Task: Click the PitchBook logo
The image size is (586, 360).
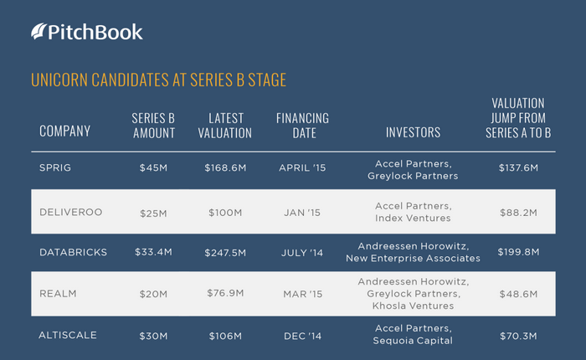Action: [x=87, y=32]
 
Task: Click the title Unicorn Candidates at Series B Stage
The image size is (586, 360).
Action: [x=158, y=80]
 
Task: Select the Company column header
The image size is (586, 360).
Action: [x=65, y=131]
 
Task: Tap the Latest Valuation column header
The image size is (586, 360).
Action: [x=225, y=126]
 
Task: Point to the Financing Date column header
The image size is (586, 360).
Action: [x=303, y=126]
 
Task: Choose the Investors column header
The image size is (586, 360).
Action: [x=413, y=132]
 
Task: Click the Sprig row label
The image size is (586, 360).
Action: [x=55, y=167]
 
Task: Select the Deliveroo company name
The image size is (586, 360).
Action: [x=70, y=213]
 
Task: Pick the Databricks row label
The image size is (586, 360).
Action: [x=74, y=252]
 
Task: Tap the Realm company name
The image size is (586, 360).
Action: [x=58, y=294]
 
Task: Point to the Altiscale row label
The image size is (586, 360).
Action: [x=68, y=335]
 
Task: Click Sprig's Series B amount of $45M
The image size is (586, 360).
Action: [x=153, y=167]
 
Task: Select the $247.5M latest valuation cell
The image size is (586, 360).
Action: [x=225, y=253]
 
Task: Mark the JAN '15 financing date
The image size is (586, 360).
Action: [x=302, y=213]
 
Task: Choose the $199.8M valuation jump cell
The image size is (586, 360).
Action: [x=518, y=252]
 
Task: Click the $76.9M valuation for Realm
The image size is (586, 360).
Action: [x=225, y=293]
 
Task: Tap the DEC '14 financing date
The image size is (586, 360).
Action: [x=302, y=336]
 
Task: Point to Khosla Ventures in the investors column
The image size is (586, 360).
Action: [x=413, y=306]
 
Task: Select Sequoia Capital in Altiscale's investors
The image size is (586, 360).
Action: [x=413, y=341]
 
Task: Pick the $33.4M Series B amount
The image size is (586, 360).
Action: [x=153, y=252]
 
